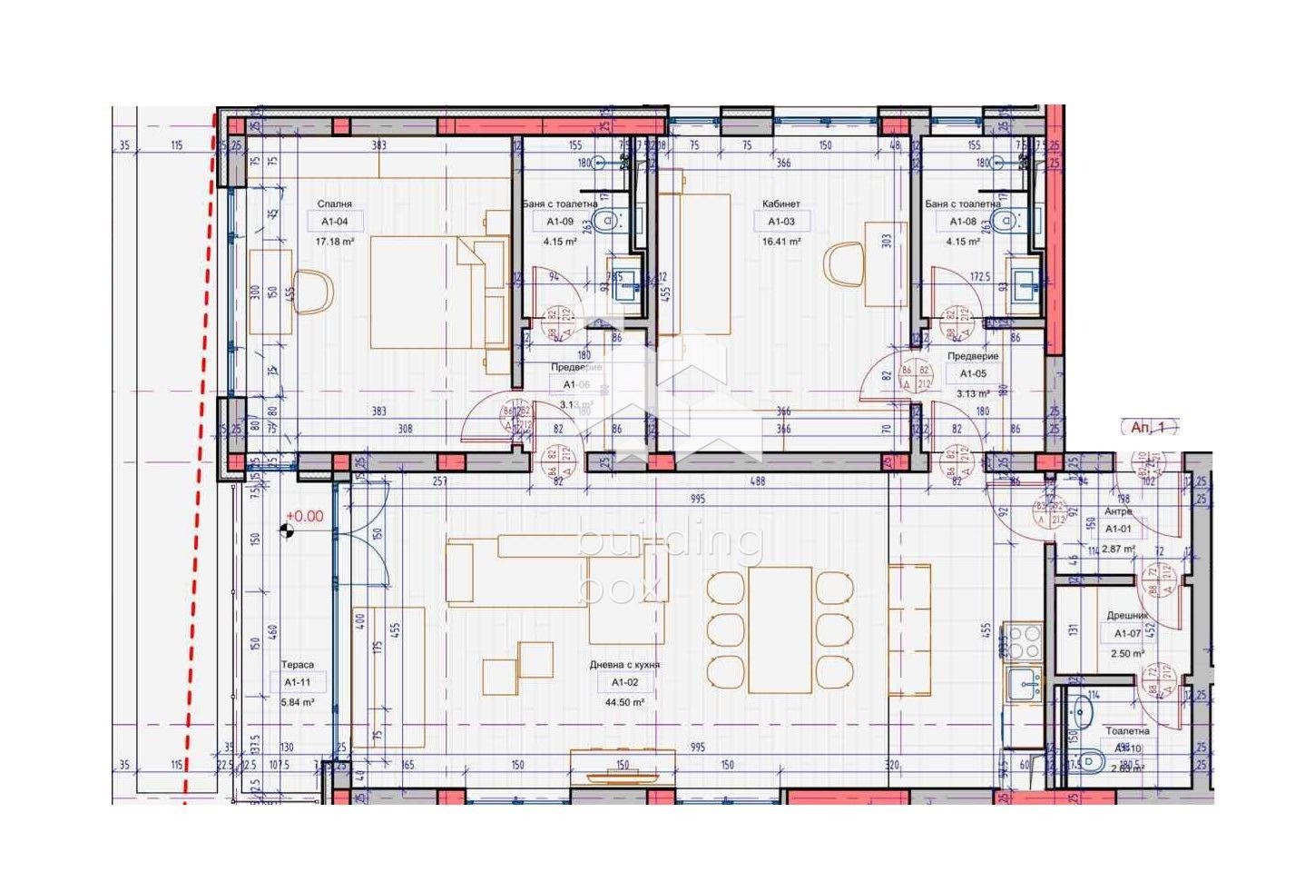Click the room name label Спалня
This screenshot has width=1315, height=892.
334,204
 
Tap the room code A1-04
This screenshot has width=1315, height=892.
334,222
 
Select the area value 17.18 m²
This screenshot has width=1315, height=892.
334,243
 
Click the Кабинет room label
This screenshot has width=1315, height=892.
780,204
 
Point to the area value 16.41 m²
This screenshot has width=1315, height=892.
781,243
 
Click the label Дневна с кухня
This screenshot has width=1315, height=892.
624,665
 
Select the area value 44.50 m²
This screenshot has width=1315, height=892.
624,702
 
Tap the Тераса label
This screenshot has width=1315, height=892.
297,665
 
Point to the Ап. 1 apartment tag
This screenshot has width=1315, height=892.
1153,427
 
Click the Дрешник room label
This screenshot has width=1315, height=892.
1128,616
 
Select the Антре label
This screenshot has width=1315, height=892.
1118,512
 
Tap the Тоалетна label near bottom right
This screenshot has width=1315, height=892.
1127,730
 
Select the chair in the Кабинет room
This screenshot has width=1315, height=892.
844,265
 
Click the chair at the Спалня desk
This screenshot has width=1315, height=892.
313,292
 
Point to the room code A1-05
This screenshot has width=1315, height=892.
972,373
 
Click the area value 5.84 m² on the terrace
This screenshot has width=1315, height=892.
297,702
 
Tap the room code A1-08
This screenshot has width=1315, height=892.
963,222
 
